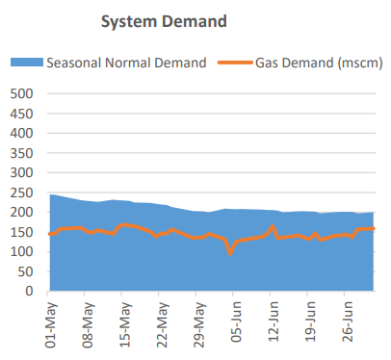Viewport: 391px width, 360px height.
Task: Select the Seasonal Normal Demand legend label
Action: point(126,63)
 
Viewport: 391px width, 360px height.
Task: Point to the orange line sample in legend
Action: point(238,63)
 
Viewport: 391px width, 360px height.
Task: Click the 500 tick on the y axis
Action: point(20,94)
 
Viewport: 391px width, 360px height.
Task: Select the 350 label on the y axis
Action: point(20,153)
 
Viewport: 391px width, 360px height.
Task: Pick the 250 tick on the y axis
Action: point(20,193)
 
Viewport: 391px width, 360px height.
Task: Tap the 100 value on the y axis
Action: point(20,251)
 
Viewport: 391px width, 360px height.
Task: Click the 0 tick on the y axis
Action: point(30,291)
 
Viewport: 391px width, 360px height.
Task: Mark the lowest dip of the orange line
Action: point(230,252)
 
